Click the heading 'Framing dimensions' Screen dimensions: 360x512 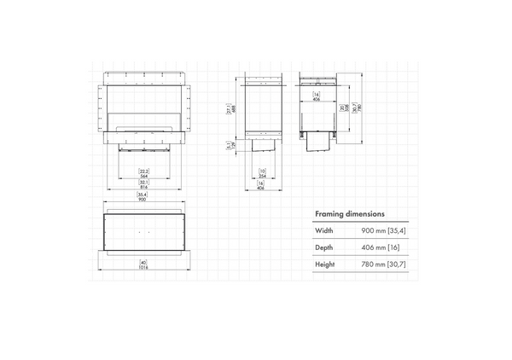pyautogui.click(x=349, y=214)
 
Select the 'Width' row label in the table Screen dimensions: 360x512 pyautogui.click(x=324, y=230)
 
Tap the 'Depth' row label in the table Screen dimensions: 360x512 pyautogui.click(x=325, y=247)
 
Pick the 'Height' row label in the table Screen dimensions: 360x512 pyautogui.click(x=325, y=264)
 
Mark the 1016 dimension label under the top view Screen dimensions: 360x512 pyautogui.click(x=143, y=266)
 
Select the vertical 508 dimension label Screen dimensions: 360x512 pyautogui.click(x=343, y=109)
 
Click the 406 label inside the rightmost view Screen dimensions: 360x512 pyautogui.click(x=316, y=97)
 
